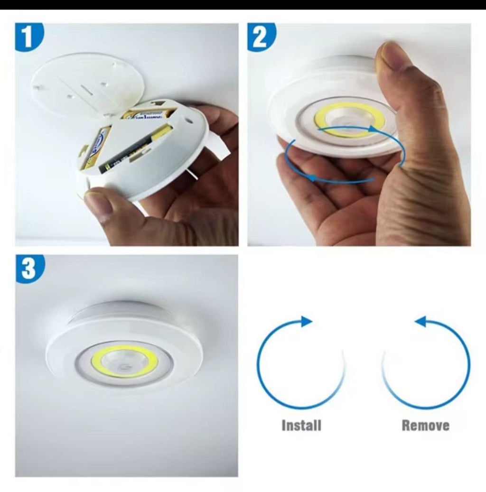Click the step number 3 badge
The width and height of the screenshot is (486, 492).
29,268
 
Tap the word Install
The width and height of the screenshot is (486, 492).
301,425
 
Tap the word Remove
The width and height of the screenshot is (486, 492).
425,425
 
